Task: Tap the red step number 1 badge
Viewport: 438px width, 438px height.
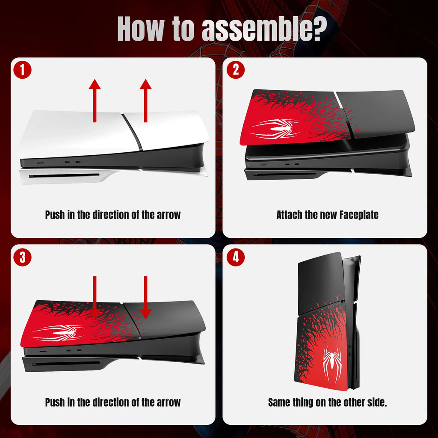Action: [22, 71]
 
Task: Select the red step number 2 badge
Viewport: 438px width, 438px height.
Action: [235, 71]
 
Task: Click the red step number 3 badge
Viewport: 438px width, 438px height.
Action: [22, 257]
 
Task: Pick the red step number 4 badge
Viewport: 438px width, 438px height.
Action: [235, 257]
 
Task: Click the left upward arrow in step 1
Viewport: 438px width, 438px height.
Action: [95, 101]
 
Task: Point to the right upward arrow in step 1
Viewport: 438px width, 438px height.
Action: [146, 101]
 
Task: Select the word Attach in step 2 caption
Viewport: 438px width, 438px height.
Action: [289, 215]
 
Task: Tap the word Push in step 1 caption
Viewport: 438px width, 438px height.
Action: [55, 215]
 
